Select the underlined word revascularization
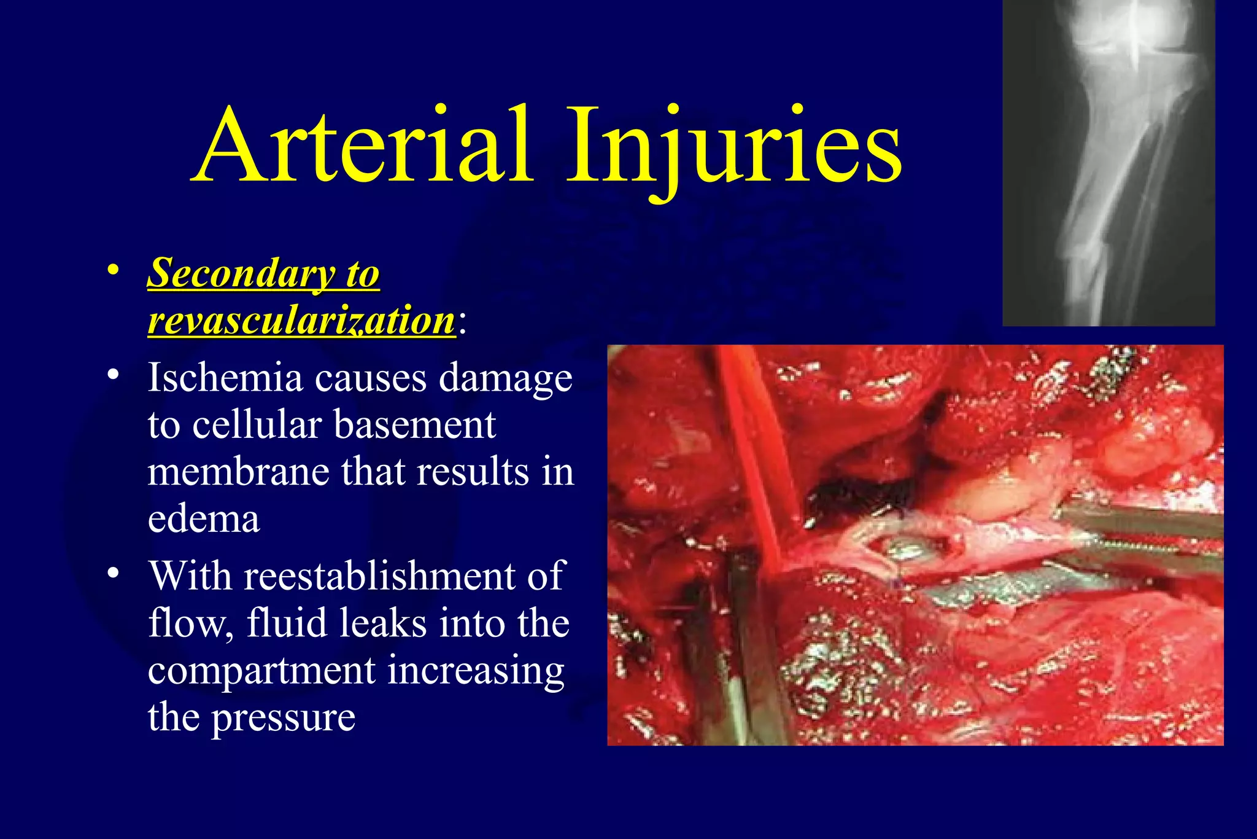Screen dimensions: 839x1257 click(x=301, y=321)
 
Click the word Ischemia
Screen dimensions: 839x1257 click(x=225, y=377)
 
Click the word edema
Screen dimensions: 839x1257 click(x=203, y=519)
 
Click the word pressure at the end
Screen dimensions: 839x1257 click(x=283, y=717)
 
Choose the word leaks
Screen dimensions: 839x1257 click(x=381, y=623)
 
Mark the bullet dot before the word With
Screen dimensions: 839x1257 click(x=112, y=572)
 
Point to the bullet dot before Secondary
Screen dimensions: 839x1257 click(x=112, y=270)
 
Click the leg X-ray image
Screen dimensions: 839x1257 click(x=1108, y=163)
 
